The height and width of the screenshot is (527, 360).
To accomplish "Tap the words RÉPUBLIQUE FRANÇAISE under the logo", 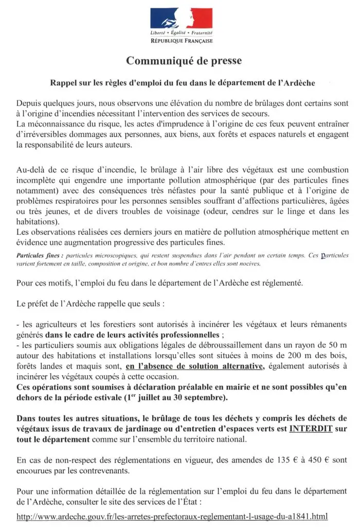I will tap(179, 40).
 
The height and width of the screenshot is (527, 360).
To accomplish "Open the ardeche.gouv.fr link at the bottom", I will tap(172, 516).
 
